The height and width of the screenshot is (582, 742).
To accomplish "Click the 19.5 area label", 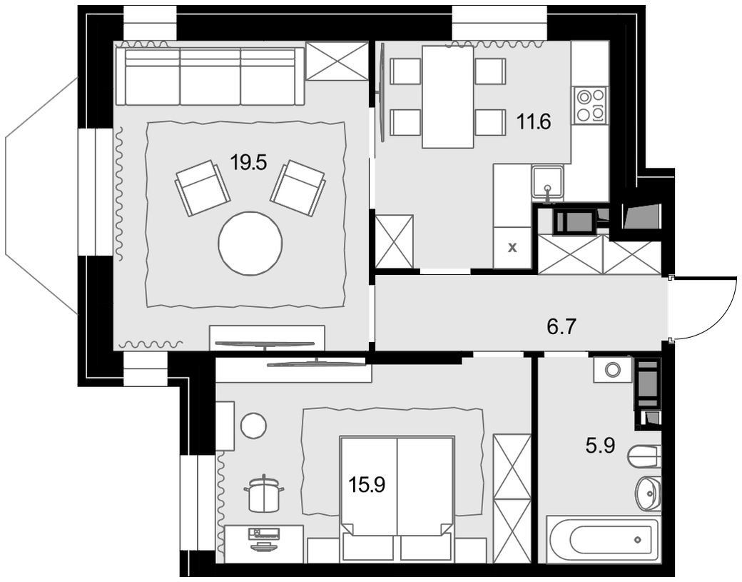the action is coord(249,162).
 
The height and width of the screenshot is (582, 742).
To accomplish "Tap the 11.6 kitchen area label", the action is coord(534,122).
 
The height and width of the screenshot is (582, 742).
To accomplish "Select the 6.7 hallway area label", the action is coord(561,326).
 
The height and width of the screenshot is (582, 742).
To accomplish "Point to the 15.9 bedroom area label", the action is coord(367,484).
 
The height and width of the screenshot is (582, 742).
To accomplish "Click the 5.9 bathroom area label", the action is coord(601,445).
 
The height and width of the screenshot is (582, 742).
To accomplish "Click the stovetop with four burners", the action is coord(589,106).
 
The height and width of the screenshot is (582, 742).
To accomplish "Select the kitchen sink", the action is coord(547,184).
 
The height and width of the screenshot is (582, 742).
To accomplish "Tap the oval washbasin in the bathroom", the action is coord(648,493).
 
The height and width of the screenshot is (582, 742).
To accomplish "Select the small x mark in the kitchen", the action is coord(512,248).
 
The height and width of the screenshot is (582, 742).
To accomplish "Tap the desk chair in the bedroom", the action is coord(264,494).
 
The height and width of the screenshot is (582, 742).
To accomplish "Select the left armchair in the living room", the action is coord(203,188).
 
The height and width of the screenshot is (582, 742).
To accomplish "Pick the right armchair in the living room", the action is coord(298,188).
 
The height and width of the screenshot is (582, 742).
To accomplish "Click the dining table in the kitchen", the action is coord(447,96).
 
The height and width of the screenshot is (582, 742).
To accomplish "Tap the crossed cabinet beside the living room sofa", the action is coord(337,61).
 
